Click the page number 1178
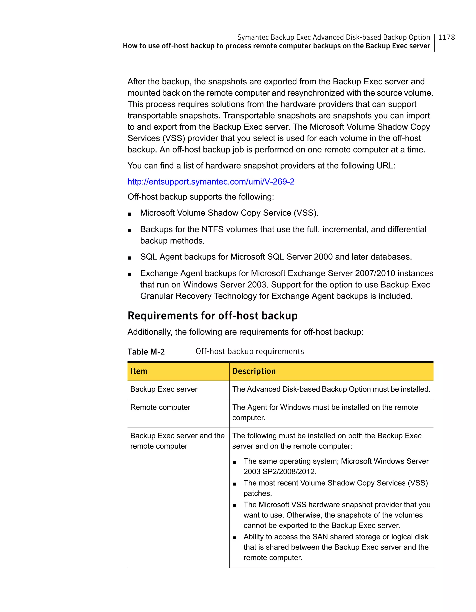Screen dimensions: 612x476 click(x=446, y=37)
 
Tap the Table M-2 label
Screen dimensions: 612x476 click(x=146, y=351)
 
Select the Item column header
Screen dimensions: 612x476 click(x=139, y=371)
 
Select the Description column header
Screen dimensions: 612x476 click(x=254, y=371)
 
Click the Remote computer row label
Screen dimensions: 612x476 click(x=160, y=407)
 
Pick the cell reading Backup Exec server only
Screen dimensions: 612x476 click(x=164, y=389)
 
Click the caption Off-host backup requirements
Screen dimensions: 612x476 click(x=249, y=351)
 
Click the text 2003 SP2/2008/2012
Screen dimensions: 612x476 click(x=280, y=471)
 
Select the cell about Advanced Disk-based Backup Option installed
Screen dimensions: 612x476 click(x=331, y=389)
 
